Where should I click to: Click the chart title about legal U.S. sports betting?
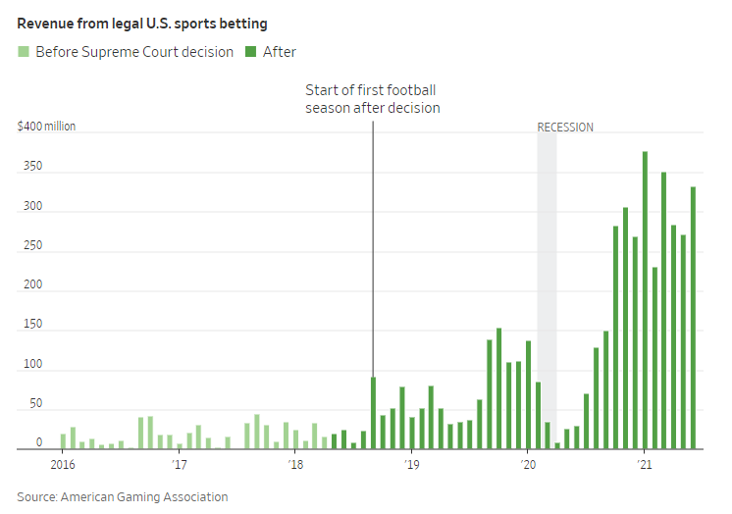[141, 24]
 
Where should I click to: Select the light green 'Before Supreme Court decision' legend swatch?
[24, 51]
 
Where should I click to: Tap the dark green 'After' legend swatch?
[250, 51]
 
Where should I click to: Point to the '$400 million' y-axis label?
[46, 127]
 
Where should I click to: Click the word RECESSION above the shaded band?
[565, 128]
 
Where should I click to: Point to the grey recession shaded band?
[547, 294]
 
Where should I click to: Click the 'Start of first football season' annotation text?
[372, 99]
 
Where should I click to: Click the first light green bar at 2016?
[64, 440]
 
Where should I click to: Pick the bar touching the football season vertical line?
[374, 413]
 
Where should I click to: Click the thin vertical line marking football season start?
[373, 245]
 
